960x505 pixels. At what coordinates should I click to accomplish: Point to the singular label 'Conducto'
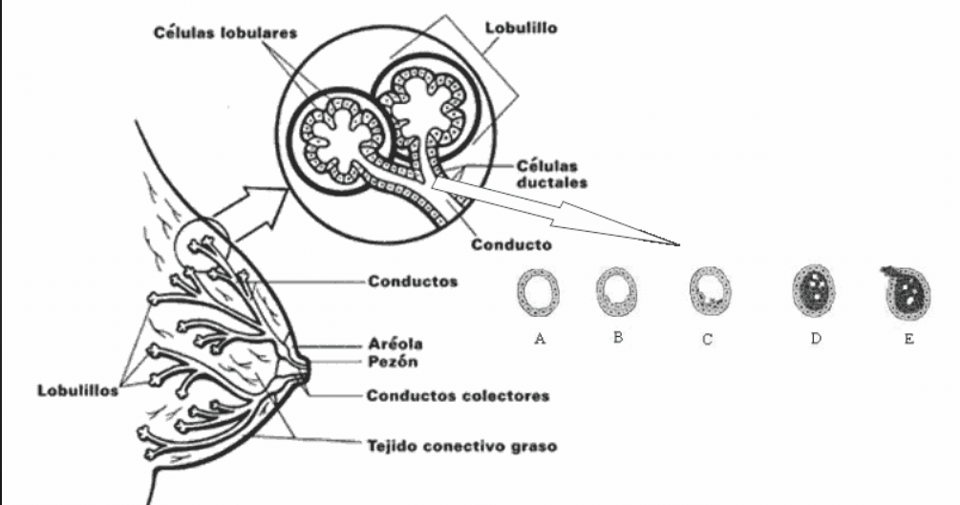point(512,244)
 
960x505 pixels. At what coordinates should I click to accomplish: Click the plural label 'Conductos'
point(412,282)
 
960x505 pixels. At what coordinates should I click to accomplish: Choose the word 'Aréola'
point(395,343)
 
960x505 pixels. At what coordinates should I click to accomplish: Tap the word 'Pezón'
point(392,362)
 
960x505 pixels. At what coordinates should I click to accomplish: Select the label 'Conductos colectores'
point(459,395)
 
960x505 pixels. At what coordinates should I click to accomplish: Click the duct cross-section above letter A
point(539,292)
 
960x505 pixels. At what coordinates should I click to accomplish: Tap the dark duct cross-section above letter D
point(813,290)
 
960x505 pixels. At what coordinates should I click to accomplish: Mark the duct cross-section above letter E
point(905,290)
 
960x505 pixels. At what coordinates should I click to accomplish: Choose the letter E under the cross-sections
point(907,337)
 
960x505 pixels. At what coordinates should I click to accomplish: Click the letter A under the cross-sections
point(541,339)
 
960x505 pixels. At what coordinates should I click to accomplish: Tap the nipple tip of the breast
point(308,370)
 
